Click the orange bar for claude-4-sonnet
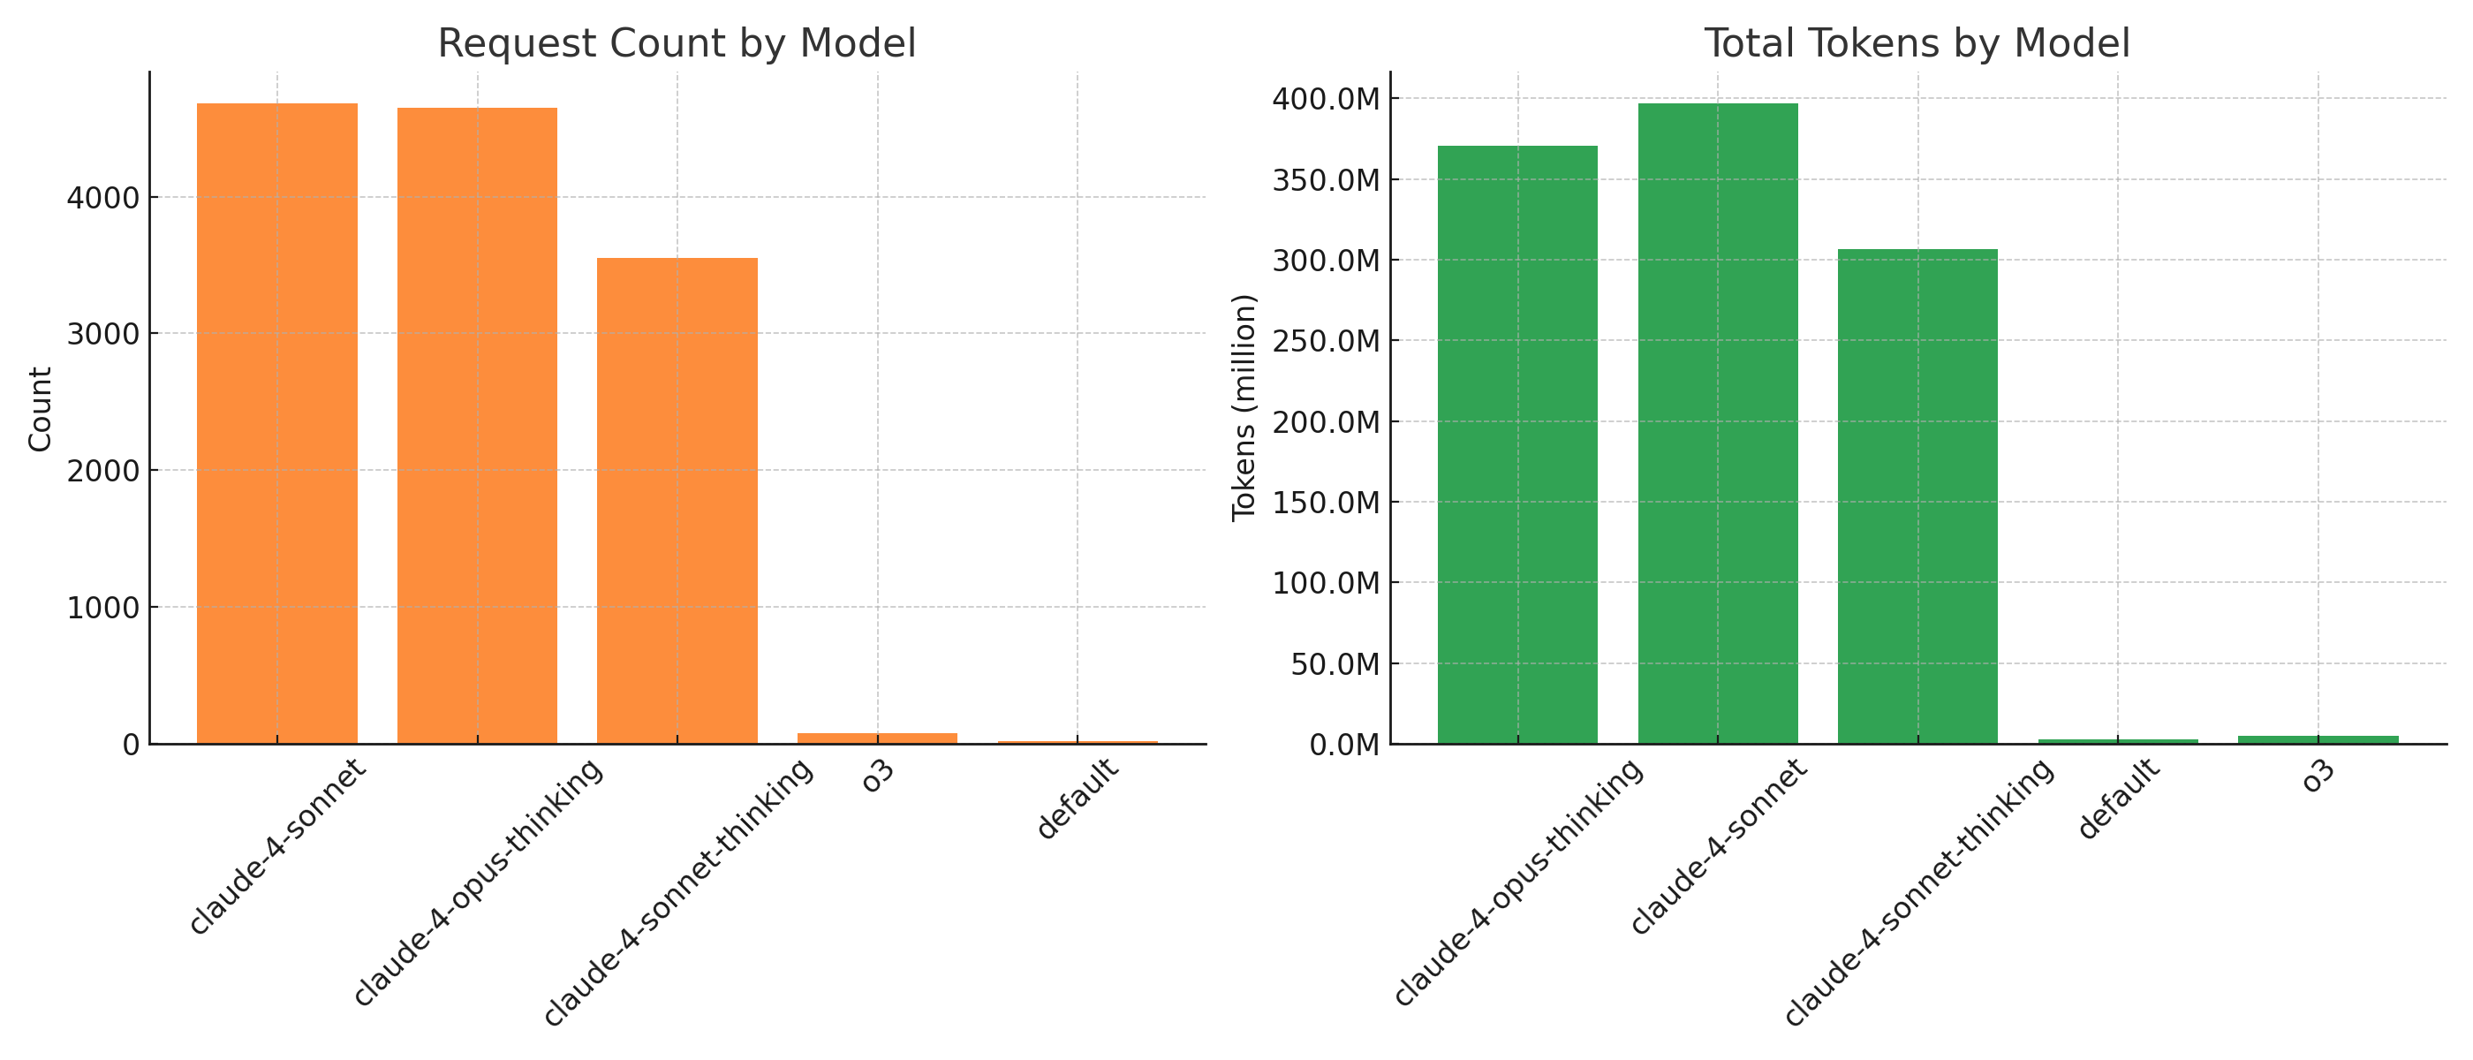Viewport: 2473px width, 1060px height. click(276, 422)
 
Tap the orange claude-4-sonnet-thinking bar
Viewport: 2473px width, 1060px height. click(677, 500)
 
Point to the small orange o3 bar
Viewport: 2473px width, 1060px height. click(876, 738)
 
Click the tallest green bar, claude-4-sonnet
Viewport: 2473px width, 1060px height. click(1718, 422)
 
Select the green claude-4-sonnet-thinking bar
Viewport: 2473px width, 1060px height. click(1917, 496)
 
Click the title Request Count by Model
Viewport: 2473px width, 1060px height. click(677, 44)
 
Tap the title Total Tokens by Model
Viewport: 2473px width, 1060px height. click(1917, 44)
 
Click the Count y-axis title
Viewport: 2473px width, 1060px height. click(40, 408)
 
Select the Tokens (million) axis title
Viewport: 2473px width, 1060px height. click(1244, 408)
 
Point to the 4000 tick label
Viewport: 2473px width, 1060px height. click(102, 199)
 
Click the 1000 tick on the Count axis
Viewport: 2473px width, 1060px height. click(102, 608)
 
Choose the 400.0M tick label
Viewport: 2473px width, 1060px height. click(1326, 99)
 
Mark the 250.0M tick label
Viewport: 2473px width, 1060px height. click(1326, 341)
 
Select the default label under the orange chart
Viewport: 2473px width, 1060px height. click(1078, 799)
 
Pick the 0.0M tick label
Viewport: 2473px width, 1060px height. click(1344, 745)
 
